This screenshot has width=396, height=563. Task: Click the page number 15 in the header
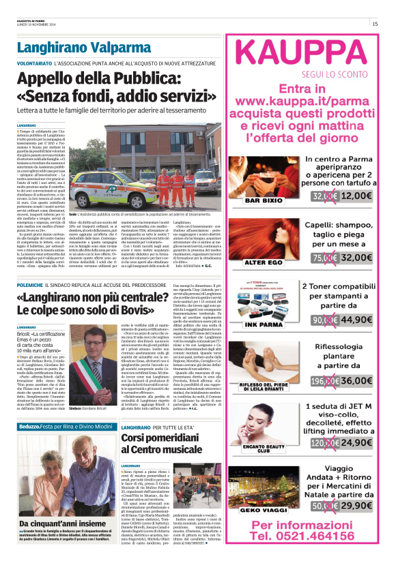pos(375,24)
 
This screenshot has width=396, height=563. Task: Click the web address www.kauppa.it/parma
pos(302,100)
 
